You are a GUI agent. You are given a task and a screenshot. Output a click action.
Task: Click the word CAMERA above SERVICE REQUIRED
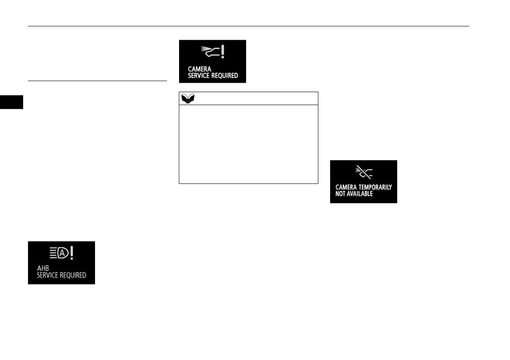(x=199, y=69)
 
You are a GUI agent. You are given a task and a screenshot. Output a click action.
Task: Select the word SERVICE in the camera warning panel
(x=197, y=75)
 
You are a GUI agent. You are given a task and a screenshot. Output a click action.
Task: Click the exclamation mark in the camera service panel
(x=223, y=52)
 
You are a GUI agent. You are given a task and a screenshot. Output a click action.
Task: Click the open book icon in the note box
(x=188, y=99)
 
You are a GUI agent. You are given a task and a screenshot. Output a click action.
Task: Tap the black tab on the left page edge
(x=11, y=102)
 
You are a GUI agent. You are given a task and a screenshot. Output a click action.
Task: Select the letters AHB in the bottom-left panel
(x=43, y=268)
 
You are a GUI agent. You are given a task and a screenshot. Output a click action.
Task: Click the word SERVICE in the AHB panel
(x=46, y=275)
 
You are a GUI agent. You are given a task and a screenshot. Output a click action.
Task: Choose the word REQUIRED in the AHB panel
(x=71, y=275)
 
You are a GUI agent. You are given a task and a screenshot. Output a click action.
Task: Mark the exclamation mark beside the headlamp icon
(x=72, y=253)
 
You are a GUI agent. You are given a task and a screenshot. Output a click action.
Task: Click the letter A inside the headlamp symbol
(x=62, y=253)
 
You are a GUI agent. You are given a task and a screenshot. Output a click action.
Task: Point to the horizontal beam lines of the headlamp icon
(x=53, y=253)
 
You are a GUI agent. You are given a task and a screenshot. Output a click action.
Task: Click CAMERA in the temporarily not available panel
(x=346, y=187)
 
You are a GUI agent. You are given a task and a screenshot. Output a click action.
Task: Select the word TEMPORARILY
(x=375, y=187)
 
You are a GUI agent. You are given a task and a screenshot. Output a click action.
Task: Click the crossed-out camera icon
(x=364, y=172)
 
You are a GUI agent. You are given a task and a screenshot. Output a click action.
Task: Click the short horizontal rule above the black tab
(x=97, y=81)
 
